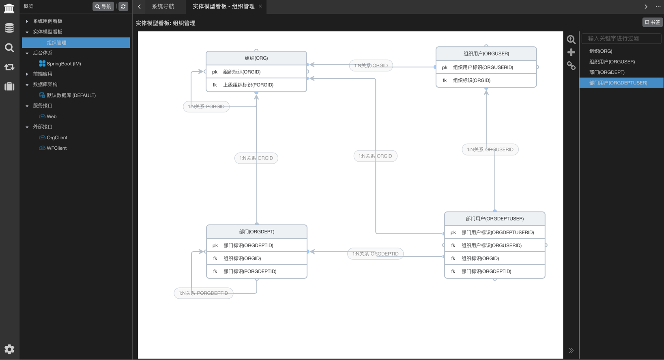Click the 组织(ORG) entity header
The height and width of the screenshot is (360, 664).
click(256, 58)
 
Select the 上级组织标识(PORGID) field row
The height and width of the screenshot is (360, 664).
click(256, 85)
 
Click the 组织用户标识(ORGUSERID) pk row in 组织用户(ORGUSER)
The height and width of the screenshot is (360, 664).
click(486, 67)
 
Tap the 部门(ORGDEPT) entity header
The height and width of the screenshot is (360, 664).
click(256, 232)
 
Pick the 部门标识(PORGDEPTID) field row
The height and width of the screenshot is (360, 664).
click(256, 272)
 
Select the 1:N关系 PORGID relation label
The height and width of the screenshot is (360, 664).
click(206, 106)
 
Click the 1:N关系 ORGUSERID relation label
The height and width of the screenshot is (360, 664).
click(490, 149)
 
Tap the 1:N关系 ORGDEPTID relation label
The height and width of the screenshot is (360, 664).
click(375, 254)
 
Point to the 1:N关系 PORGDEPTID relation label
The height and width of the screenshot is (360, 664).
click(203, 293)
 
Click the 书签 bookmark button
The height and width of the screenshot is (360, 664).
click(652, 22)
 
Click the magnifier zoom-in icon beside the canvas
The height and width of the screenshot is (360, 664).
click(571, 39)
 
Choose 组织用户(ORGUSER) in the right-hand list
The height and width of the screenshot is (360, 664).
click(612, 62)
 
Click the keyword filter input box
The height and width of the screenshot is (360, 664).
click(621, 38)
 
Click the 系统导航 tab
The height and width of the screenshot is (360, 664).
click(163, 6)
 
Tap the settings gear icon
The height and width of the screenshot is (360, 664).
click(9, 349)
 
